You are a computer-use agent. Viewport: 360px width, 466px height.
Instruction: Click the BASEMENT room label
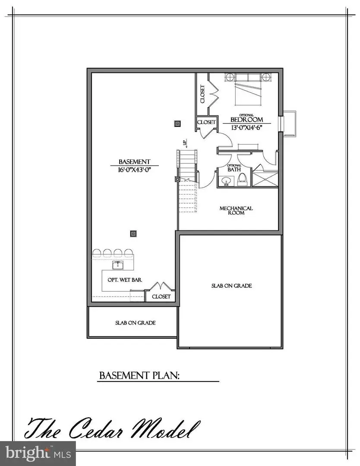[134, 162]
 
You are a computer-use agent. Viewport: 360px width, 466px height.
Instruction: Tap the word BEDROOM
[246, 120]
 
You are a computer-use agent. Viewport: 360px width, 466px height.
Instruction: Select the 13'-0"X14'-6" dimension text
[246, 128]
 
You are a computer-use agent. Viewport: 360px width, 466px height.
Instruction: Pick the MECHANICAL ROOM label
[236, 211]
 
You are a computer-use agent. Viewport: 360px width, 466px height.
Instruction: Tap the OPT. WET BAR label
[125, 280]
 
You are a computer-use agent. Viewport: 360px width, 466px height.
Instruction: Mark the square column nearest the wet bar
[133, 233]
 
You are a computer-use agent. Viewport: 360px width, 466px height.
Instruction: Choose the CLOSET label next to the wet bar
[161, 297]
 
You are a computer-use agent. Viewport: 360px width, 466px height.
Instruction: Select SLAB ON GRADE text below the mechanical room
[231, 286]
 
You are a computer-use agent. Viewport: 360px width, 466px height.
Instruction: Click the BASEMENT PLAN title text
[139, 375]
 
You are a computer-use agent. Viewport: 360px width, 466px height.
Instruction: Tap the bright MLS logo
[38, 453]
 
